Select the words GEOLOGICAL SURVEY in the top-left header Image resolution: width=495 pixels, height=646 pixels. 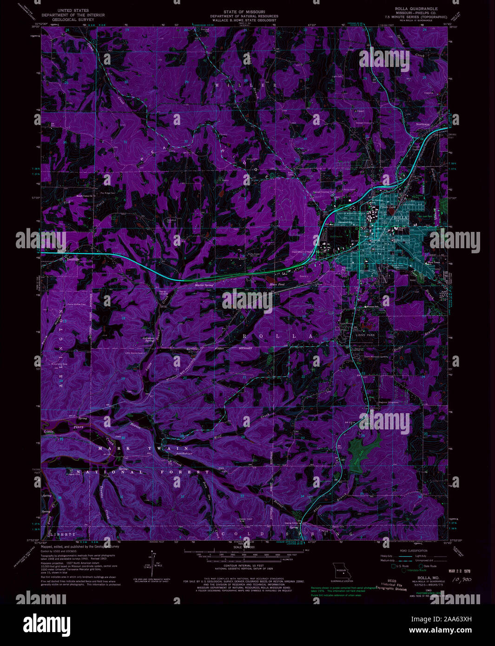(x=73, y=20)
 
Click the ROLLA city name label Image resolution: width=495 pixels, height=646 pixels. (x=400, y=218)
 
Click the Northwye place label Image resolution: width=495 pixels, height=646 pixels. (x=422, y=125)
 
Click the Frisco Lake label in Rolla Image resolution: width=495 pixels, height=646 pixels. (x=395, y=206)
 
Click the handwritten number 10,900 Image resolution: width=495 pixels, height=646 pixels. (x=461, y=580)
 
